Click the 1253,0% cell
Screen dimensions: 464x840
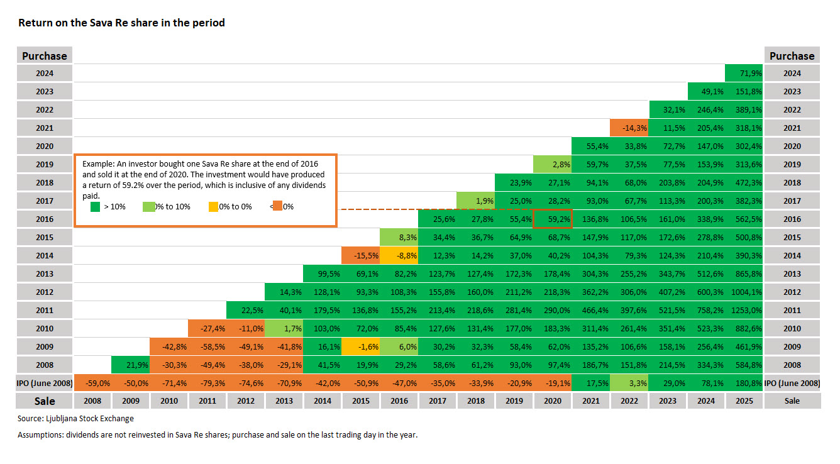[744, 310]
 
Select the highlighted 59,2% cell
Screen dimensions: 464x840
[553, 219]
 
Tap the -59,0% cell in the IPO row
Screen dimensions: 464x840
[92, 382]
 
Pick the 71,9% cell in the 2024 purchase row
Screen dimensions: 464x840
[744, 73]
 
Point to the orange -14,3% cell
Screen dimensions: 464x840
[629, 128]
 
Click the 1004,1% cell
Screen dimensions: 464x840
[744, 292]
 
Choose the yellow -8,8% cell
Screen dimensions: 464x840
[399, 255]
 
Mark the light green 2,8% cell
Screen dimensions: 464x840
[553, 164]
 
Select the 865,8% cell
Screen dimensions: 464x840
[744, 273]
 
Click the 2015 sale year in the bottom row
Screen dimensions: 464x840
[361, 400]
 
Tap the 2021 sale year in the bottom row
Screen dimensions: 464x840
[591, 400]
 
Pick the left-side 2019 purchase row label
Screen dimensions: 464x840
[45, 164]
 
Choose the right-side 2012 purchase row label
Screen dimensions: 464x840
[792, 292]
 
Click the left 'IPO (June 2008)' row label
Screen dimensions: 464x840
[45, 382]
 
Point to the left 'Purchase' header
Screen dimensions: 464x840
[45, 56]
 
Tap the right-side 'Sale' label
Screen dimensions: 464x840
[792, 400]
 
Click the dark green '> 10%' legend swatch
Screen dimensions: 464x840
[96, 206]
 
